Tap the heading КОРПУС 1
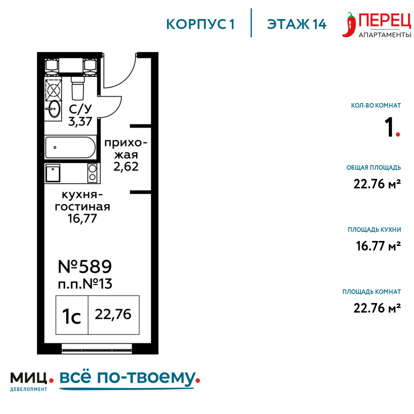pyautogui.click(x=200, y=24)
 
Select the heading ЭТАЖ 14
pyautogui.click(x=296, y=24)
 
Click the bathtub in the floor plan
pyautogui.click(x=70, y=147)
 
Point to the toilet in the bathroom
pyautogui.click(x=78, y=88)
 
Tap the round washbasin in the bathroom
pyautogui.click(x=54, y=108)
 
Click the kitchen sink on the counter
pyautogui.click(x=53, y=173)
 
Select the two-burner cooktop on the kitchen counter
pyautogui.click(x=92, y=173)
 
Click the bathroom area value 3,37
pyautogui.click(x=80, y=121)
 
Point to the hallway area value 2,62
pyautogui.click(x=126, y=166)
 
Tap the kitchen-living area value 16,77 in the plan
pyautogui.click(x=82, y=218)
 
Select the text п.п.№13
pyautogui.click(x=85, y=284)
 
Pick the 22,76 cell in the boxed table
pyautogui.click(x=113, y=315)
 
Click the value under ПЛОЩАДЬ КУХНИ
pyautogui.click(x=378, y=246)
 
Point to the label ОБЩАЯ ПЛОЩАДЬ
pyautogui.click(x=373, y=167)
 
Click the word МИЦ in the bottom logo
pyautogui.click(x=29, y=378)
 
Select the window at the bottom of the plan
pyautogui.click(x=96, y=349)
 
